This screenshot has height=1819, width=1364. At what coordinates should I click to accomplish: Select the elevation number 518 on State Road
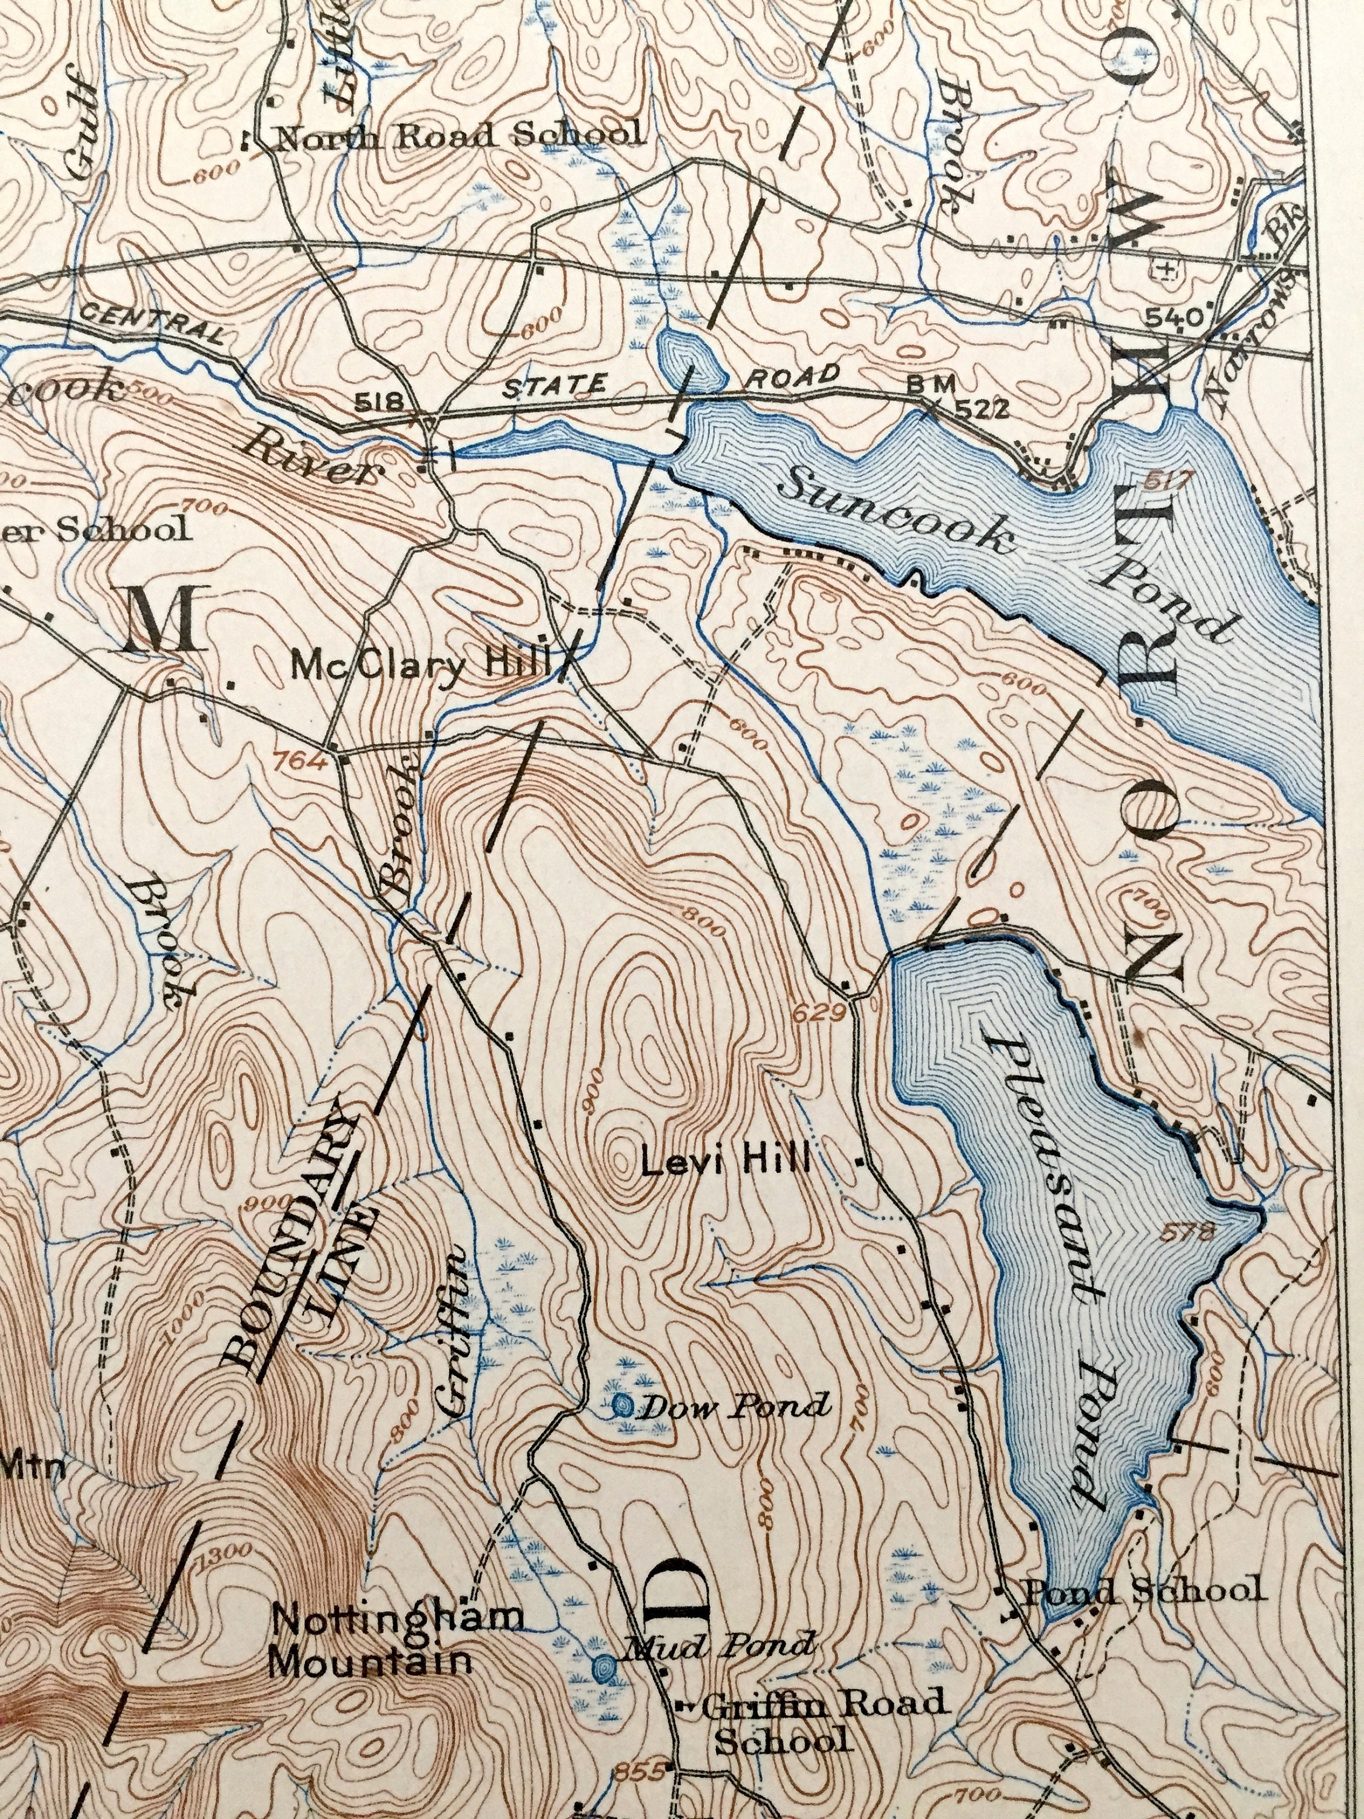tap(378, 402)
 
